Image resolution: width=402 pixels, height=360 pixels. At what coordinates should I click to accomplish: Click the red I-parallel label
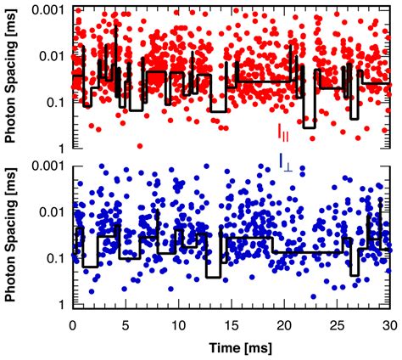click(x=283, y=132)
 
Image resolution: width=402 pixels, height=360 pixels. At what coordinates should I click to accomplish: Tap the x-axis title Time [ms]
click(x=231, y=348)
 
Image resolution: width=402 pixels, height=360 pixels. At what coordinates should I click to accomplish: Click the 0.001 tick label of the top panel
click(x=48, y=8)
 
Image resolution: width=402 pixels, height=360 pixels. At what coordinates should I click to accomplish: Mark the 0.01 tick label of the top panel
click(x=52, y=55)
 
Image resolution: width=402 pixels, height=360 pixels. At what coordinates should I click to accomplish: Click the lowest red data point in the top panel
click(x=141, y=145)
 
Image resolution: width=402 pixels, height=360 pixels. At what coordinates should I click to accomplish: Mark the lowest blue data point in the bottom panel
click(x=314, y=296)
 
